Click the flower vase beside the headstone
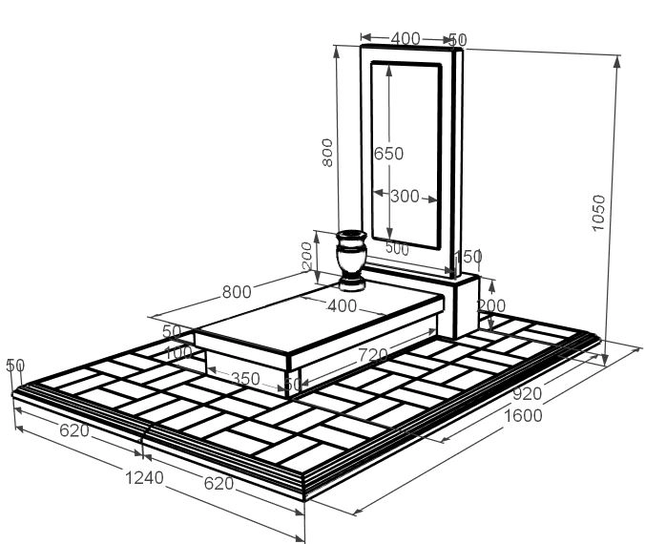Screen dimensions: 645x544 click(x=351, y=261)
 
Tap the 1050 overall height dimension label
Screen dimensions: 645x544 click(x=598, y=213)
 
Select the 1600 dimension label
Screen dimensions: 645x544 click(x=523, y=416)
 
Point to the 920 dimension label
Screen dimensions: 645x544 click(x=527, y=394)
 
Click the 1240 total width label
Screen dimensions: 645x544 click(x=144, y=478)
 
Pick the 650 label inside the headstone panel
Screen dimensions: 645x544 click(x=388, y=154)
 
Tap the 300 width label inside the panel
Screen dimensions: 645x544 click(x=405, y=197)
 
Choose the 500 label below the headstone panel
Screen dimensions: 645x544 click(x=397, y=248)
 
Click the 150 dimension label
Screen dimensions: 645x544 click(x=468, y=257)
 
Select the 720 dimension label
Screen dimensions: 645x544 click(x=373, y=355)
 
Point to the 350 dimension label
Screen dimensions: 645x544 click(x=245, y=379)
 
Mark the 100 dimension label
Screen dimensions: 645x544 click(x=178, y=352)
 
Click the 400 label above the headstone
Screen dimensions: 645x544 click(x=406, y=39)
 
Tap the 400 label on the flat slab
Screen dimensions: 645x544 click(x=342, y=305)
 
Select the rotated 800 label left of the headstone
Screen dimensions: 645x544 click(x=327, y=153)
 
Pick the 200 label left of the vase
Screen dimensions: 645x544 click(x=307, y=256)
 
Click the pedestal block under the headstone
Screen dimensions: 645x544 click(x=466, y=305)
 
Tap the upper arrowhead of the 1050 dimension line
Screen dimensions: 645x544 click(x=616, y=62)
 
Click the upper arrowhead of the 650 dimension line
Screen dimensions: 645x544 click(x=389, y=70)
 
